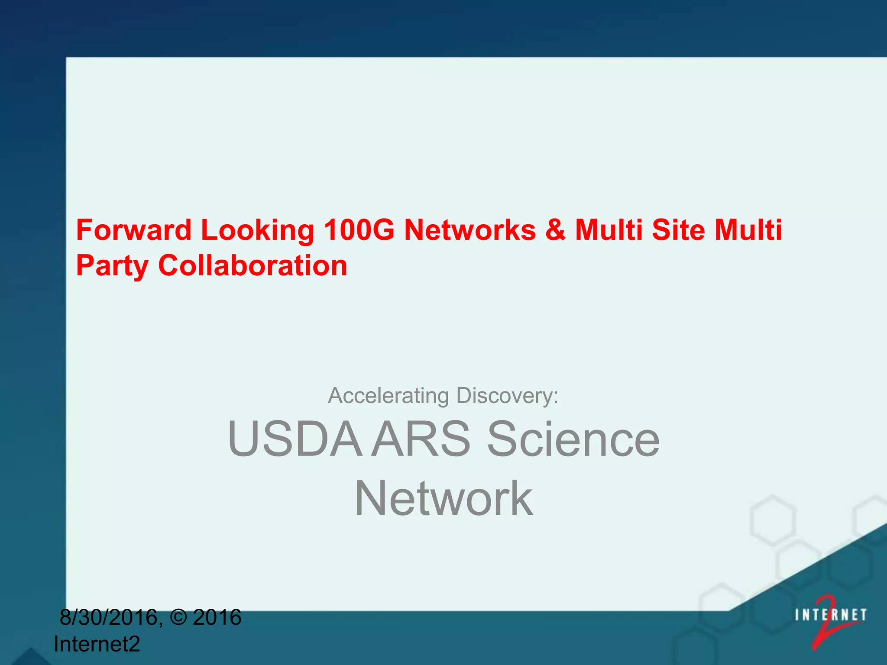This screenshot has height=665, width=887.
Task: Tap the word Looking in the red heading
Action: coord(258,230)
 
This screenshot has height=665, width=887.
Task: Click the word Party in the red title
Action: coord(112,266)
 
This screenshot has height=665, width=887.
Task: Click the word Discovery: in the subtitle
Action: coord(507,396)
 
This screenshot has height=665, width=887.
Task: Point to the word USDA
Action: coord(295,439)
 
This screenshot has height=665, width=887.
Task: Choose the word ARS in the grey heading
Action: coord(421,439)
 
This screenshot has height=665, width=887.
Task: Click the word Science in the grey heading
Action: coord(573,439)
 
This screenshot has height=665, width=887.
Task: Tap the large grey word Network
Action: coord(443,499)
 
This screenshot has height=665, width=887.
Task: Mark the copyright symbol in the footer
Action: coord(178,617)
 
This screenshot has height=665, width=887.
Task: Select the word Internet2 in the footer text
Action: coord(97,644)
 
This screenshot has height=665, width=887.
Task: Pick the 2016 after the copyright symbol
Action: coord(217,617)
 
